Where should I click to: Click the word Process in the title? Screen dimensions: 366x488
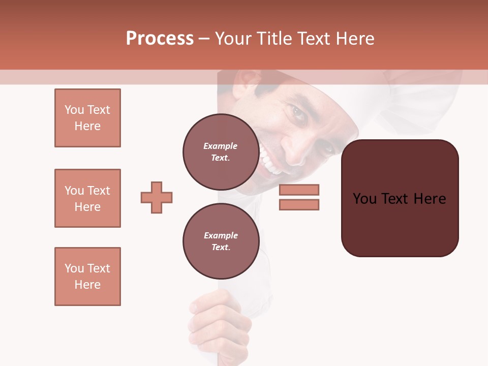tap(160, 39)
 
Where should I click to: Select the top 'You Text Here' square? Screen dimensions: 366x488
tap(87, 118)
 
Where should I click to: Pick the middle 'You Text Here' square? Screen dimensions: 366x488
tap(87, 198)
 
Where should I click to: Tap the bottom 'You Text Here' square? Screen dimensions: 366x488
tap(87, 277)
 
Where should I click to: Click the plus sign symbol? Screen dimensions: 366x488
tap(157, 197)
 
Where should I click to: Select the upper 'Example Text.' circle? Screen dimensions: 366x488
tap(221, 152)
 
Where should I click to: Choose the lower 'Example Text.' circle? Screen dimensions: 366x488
tap(221, 241)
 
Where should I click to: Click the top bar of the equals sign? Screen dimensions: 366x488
tap(299, 190)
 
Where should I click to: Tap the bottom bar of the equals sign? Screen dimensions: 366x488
tap(299, 205)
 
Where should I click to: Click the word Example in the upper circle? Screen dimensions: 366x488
tap(221, 146)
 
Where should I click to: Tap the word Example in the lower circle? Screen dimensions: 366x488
tap(221, 235)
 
